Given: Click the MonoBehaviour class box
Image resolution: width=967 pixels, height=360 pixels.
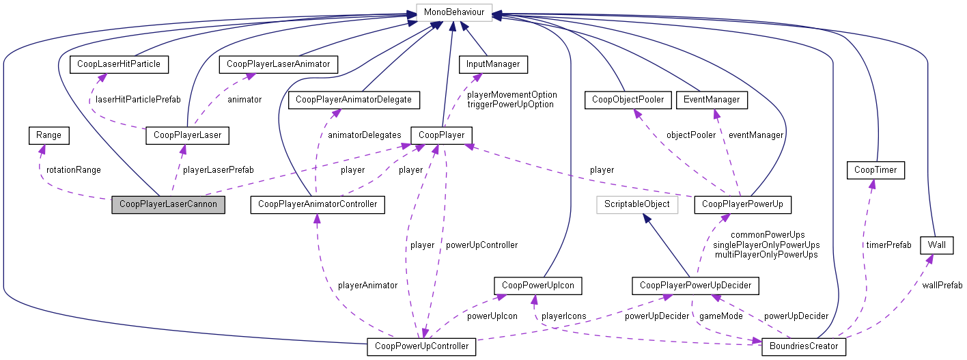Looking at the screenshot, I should pyautogui.click(x=453, y=12).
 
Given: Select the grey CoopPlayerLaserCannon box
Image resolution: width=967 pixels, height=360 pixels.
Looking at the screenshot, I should pyautogui.click(x=168, y=204).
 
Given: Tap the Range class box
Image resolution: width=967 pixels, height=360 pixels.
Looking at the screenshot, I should pyautogui.click(x=49, y=135).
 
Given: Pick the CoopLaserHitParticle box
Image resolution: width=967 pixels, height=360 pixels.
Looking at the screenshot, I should pyautogui.click(x=119, y=64).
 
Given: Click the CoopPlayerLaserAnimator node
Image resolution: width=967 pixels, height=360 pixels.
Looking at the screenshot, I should pyautogui.click(x=279, y=64).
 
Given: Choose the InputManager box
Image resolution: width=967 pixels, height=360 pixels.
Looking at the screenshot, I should pyautogui.click(x=493, y=64).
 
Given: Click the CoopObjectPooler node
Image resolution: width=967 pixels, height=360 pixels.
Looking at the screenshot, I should pyautogui.click(x=624, y=100).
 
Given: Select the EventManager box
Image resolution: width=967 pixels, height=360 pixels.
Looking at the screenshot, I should pyautogui.click(x=711, y=100).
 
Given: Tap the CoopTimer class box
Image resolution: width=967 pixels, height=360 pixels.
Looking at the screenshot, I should pyautogui.click(x=875, y=170).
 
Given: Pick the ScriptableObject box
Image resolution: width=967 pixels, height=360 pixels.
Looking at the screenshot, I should pyautogui.click(x=636, y=204).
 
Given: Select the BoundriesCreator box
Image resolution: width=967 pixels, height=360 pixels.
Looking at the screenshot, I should pyautogui.click(x=804, y=346).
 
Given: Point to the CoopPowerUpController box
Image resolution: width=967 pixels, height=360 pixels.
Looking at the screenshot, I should pyautogui.click(x=421, y=346).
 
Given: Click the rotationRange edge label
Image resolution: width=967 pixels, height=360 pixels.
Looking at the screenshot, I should pyautogui.click(x=73, y=169).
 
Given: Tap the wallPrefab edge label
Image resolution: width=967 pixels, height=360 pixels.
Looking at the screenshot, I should pyautogui.click(x=942, y=285).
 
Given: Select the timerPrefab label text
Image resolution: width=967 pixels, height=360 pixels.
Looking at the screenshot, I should pyautogui.click(x=889, y=244).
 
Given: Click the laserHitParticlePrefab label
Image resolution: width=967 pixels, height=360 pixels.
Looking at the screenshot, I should pyautogui.click(x=137, y=99).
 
